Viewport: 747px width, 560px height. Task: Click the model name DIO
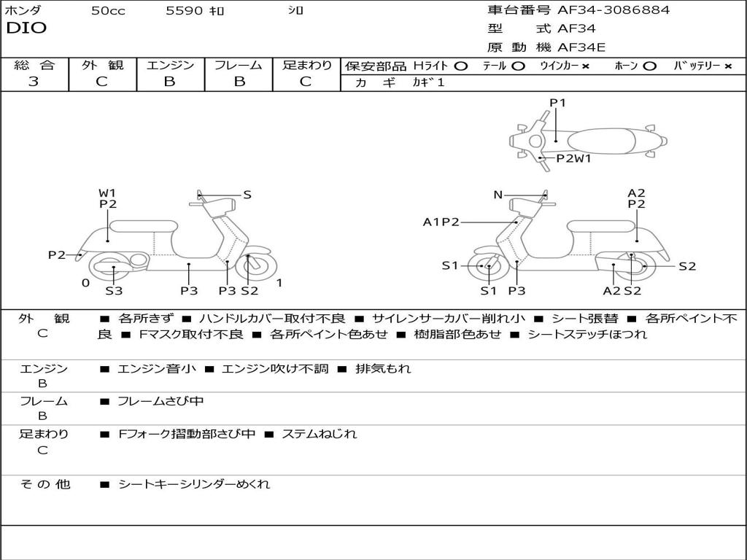(26, 28)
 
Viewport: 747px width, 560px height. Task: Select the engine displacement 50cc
(108, 11)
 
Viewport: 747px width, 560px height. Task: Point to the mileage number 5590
(185, 11)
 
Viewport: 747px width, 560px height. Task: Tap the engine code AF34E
(581, 48)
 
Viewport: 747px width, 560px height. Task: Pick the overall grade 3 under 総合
(34, 82)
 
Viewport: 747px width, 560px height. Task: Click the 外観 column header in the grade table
(102, 65)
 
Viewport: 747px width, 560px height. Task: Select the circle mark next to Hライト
(460, 66)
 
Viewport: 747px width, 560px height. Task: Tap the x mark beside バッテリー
(727, 66)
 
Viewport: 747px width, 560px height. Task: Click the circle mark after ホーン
(649, 66)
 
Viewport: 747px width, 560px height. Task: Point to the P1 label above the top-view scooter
(557, 103)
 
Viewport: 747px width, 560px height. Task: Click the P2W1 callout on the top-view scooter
(573, 157)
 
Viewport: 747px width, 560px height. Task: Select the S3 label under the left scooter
(114, 291)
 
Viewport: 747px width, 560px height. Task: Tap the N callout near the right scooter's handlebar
(498, 195)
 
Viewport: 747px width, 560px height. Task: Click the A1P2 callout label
(441, 222)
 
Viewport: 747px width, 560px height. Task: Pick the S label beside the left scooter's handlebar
(247, 195)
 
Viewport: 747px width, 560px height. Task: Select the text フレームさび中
(160, 401)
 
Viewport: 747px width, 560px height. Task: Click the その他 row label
(44, 483)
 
